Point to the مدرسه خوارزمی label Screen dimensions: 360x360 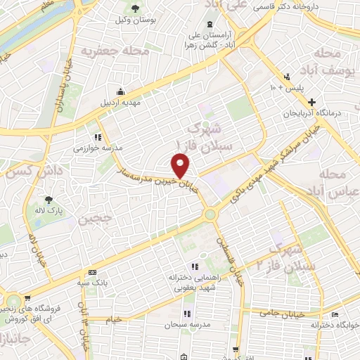pyautogui.click(x=99, y=148)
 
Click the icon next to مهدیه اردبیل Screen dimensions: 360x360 pyautogui.click(x=122, y=91)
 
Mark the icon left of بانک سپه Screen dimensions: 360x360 pyautogui.click(x=92, y=273)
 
